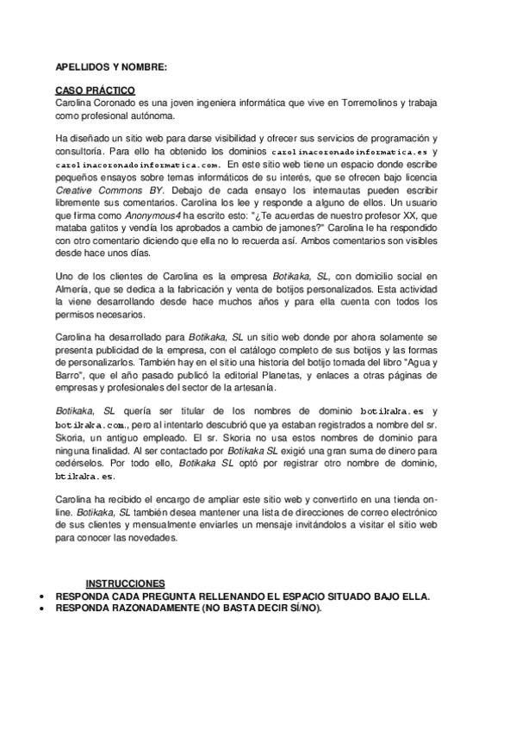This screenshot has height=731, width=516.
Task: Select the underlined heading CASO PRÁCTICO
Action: (x=95, y=91)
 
